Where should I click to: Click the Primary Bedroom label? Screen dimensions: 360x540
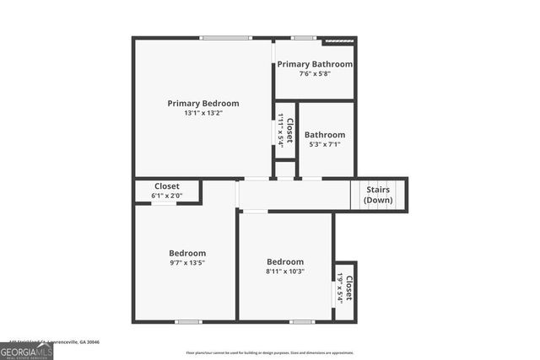point(202,103)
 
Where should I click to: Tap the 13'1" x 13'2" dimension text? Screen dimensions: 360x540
point(202,113)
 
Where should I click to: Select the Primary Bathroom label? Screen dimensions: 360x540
point(315,64)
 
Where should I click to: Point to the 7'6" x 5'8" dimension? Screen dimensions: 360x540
point(315,73)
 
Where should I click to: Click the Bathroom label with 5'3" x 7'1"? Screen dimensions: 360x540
point(325,135)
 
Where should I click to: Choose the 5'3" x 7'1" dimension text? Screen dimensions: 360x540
point(325,144)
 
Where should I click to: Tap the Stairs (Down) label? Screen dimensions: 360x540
point(377,195)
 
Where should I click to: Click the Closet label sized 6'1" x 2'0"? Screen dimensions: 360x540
point(166,186)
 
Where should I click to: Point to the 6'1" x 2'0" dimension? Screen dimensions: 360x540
point(166,196)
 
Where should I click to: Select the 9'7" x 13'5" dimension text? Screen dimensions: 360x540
point(186,262)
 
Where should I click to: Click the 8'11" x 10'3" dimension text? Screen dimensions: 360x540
point(285,271)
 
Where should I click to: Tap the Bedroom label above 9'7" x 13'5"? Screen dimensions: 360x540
point(186,253)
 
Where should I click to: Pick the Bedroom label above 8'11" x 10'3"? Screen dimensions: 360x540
point(285,261)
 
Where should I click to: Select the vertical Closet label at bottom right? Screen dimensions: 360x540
point(348,287)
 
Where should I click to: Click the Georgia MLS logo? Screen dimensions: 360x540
point(26,352)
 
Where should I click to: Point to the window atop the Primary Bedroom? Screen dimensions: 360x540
point(225,37)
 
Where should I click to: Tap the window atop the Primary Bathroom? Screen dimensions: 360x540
point(303,37)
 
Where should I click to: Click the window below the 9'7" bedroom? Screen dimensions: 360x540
point(188,321)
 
